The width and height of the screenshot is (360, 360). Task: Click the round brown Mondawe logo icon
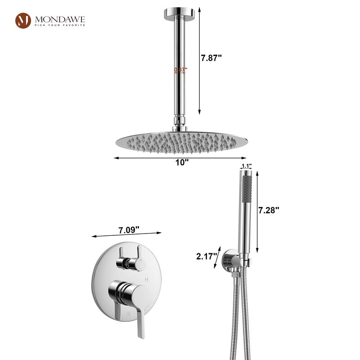coord(23,21)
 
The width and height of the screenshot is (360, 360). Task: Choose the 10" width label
coord(182,162)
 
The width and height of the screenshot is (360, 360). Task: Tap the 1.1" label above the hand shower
coord(246,166)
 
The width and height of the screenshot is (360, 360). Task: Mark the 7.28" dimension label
coord(269,210)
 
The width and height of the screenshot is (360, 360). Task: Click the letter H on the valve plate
coord(147,279)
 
